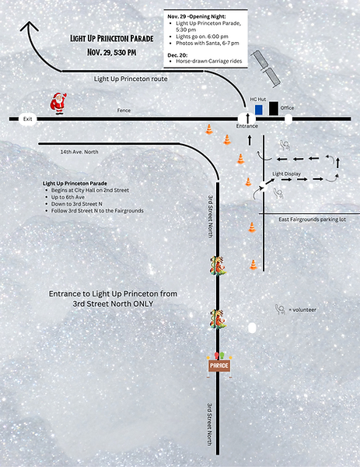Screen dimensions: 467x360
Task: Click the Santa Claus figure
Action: point(58,104)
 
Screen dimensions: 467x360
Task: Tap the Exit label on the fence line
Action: point(28,119)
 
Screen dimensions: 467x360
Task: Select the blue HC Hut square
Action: point(259,110)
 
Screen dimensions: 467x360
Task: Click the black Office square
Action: point(274,108)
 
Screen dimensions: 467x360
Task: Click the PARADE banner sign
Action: point(219,364)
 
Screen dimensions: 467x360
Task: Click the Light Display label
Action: point(286,173)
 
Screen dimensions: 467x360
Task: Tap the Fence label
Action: point(124,111)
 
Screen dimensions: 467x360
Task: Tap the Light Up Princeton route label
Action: point(130,79)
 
